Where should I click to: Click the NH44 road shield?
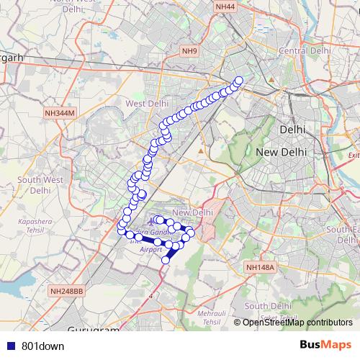click(225, 6)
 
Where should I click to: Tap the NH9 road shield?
click(189, 50)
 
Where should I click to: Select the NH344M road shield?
click(60, 113)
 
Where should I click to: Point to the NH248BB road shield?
click(67, 291)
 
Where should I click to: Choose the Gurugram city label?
click(93, 330)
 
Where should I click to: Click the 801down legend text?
click(42, 346)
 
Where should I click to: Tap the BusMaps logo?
click(325, 345)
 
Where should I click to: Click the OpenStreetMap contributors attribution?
click(298, 322)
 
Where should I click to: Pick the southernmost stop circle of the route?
click(166, 260)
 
